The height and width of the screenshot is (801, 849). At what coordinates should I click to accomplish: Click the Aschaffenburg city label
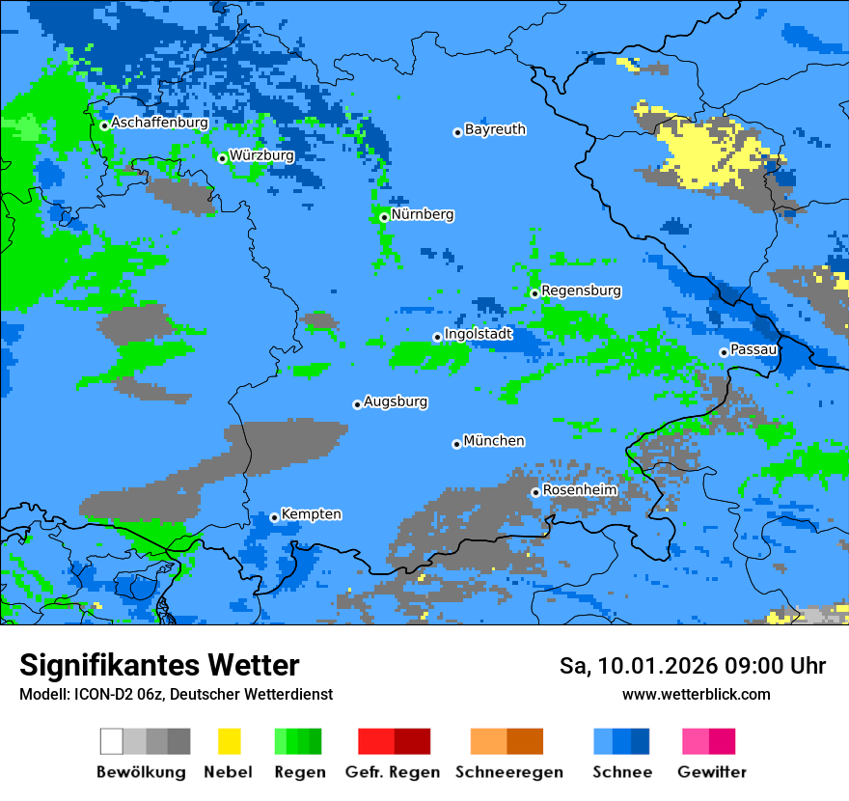click(159, 123)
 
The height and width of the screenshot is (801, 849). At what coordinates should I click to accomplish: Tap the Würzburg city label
click(261, 154)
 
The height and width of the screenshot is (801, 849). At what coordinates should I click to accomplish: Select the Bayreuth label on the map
click(495, 129)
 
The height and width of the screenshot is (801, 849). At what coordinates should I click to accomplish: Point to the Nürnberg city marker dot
click(384, 217)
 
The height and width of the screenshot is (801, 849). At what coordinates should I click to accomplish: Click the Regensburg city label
click(581, 290)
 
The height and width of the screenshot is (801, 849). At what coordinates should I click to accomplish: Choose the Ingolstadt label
click(479, 334)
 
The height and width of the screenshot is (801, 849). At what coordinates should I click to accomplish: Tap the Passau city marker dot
click(724, 352)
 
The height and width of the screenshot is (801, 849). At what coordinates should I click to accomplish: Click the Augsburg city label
click(396, 401)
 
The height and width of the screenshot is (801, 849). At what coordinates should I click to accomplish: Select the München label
click(494, 441)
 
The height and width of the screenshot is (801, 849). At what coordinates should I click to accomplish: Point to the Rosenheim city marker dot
click(535, 492)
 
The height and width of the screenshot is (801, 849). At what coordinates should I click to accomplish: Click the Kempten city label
click(312, 514)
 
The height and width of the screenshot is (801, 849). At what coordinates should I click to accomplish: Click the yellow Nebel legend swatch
click(229, 741)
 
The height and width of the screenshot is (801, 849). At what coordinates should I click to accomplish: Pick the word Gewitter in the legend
click(711, 772)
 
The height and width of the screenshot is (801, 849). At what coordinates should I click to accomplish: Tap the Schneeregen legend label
click(508, 772)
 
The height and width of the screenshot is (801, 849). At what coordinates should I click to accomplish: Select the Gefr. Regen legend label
click(393, 772)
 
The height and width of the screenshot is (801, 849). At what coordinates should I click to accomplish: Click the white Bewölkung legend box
click(112, 741)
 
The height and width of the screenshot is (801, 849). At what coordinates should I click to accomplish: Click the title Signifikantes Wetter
click(159, 665)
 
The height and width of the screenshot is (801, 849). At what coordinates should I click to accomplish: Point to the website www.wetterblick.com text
click(696, 694)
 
